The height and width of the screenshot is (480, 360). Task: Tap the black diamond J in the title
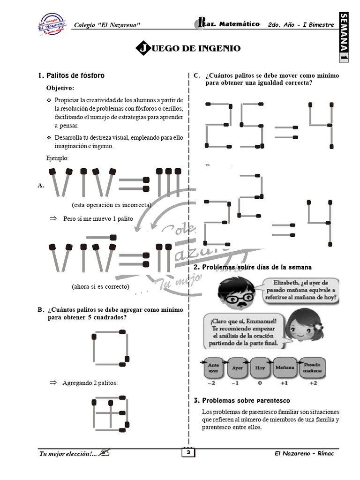[142, 48]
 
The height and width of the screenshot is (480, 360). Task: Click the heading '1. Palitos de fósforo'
[71, 75]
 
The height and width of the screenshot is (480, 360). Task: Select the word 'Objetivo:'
[60, 88]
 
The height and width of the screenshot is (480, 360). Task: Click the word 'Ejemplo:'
[57, 158]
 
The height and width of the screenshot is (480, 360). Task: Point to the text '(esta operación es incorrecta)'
[111, 205]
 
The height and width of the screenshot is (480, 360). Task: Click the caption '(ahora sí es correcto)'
[100, 286]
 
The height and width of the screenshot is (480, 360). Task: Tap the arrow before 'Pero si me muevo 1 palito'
[53, 218]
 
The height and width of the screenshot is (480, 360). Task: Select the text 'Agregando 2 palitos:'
[90, 383]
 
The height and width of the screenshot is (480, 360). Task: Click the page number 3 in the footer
[188, 453]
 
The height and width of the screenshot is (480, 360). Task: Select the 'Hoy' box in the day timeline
[259, 368]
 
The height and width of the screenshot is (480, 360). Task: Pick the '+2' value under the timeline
[313, 383]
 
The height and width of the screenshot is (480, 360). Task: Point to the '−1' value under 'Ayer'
[234, 383]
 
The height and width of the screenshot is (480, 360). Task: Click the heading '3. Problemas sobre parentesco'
[241, 400]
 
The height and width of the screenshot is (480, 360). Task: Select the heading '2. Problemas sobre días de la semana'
[253, 267]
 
